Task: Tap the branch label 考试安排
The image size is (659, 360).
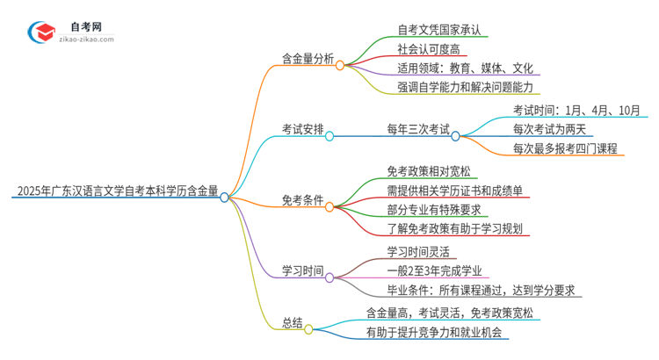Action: click(x=301, y=129)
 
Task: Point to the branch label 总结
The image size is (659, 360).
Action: click(x=289, y=321)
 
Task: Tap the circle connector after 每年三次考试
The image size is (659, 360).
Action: click(x=455, y=136)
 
